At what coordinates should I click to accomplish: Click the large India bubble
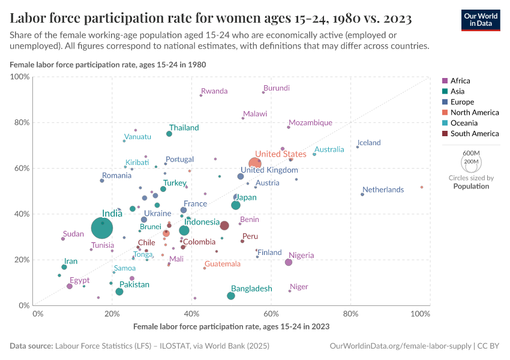pyautogui.click(x=104, y=228)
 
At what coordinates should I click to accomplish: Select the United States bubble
pyautogui.click(x=255, y=163)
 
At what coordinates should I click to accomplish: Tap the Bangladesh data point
pyautogui.click(x=231, y=296)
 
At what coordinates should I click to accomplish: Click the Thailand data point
pyautogui.click(x=169, y=134)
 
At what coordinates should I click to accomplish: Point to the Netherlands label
pyautogui.click(x=383, y=190)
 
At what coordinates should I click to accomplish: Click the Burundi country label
pyautogui.click(x=277, y=88)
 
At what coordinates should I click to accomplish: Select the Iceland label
pyautogui.click(x=369, y=143)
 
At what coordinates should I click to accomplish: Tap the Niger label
pyautogui.click(x=299, y=287)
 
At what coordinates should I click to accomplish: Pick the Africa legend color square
pyautogui.click(x=445, y=81)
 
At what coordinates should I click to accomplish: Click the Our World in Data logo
pyautogui.click(x=481, y=20)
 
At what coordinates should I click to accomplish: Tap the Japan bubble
pyautogui.click(x=236, y=206)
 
